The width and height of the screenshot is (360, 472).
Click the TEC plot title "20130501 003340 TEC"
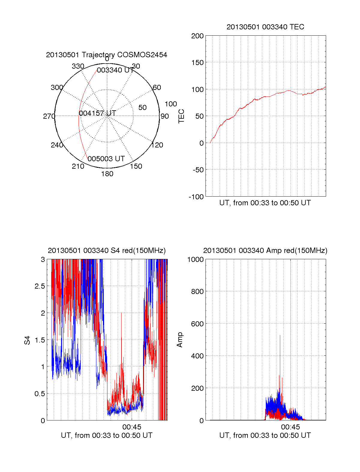[265, 27]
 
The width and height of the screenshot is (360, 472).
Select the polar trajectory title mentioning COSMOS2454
[106, 55]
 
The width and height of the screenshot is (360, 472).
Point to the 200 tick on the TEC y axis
[197, 36]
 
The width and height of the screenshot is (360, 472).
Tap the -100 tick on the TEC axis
[196, 197]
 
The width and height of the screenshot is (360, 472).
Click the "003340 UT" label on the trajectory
[115, 70]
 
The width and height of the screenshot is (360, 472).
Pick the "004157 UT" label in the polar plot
[97, 113]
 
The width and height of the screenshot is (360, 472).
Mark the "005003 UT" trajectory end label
[106, 159]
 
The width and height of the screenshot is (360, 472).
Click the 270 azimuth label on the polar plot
[49, 116]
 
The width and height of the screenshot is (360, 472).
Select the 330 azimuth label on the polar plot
[78, 66]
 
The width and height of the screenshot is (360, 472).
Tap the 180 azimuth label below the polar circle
[107, 174]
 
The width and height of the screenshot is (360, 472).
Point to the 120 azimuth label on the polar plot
[157, 145]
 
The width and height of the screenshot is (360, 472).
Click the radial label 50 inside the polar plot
[142, 108]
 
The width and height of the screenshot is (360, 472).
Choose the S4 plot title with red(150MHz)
[106, 251]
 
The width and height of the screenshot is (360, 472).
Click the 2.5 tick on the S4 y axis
[40, 286]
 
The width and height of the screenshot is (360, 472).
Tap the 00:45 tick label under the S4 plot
[132, 427]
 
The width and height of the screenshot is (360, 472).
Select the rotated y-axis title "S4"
[27, 340]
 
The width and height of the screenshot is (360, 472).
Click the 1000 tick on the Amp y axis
[195, 260]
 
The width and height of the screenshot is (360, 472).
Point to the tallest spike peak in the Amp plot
[280, 335]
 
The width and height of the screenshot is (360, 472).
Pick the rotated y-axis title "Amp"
[180, 340]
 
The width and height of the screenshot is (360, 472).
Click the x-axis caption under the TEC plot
[265, 203]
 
